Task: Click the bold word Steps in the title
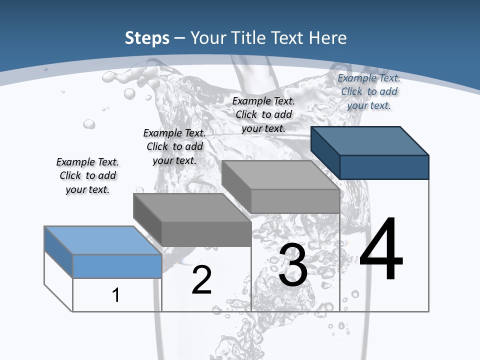point(147,38)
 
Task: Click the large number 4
point(381,249)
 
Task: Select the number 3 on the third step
point(293,265)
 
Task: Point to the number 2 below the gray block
point(201,280)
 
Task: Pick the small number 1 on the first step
point(116,295)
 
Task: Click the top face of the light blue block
point(103,240)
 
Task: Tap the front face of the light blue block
point(117,266)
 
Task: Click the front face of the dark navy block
point(384,167)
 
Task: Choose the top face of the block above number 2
point(192,207)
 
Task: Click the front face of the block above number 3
point(295,201)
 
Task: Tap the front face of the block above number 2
point(206,233)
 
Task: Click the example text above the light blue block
point(87,175)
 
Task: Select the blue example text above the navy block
point(369,91)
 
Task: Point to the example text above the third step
point(263,114)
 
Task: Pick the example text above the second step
point(174,146)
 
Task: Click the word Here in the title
point(328,38)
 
